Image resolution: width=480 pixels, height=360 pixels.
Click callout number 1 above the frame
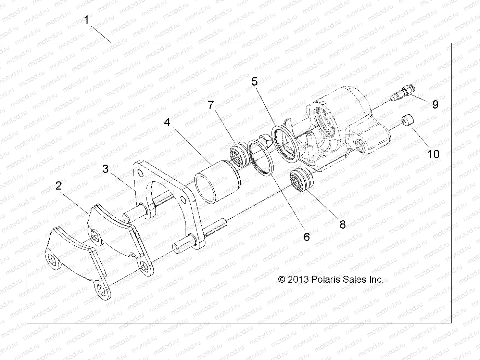[x=87, y=20]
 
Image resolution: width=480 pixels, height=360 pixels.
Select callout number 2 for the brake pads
[x=59, y=186]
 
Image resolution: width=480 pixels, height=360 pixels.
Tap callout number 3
[x=106, y=169]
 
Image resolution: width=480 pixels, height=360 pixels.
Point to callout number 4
[x=167, y=122]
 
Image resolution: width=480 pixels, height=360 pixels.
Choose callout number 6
[x=306, y=236]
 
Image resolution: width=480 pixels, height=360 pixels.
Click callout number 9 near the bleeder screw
[x=435, y=104]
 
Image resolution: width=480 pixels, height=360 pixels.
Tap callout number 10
[x=433, y=154]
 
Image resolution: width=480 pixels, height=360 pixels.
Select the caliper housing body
[x=342, y=127]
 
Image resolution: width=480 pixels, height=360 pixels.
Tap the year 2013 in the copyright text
[x=299, y=280]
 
